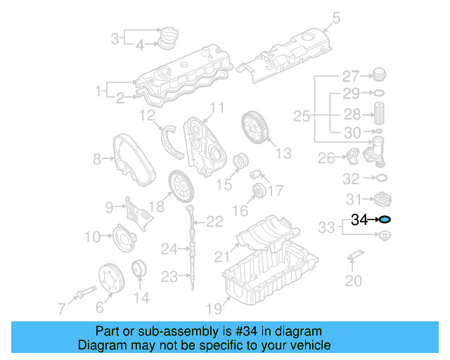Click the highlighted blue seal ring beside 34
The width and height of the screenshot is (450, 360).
[385, 220]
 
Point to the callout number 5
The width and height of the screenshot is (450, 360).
[335, 18]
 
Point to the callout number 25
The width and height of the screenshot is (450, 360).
[302, 115]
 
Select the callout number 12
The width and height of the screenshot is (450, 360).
[147, 115]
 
